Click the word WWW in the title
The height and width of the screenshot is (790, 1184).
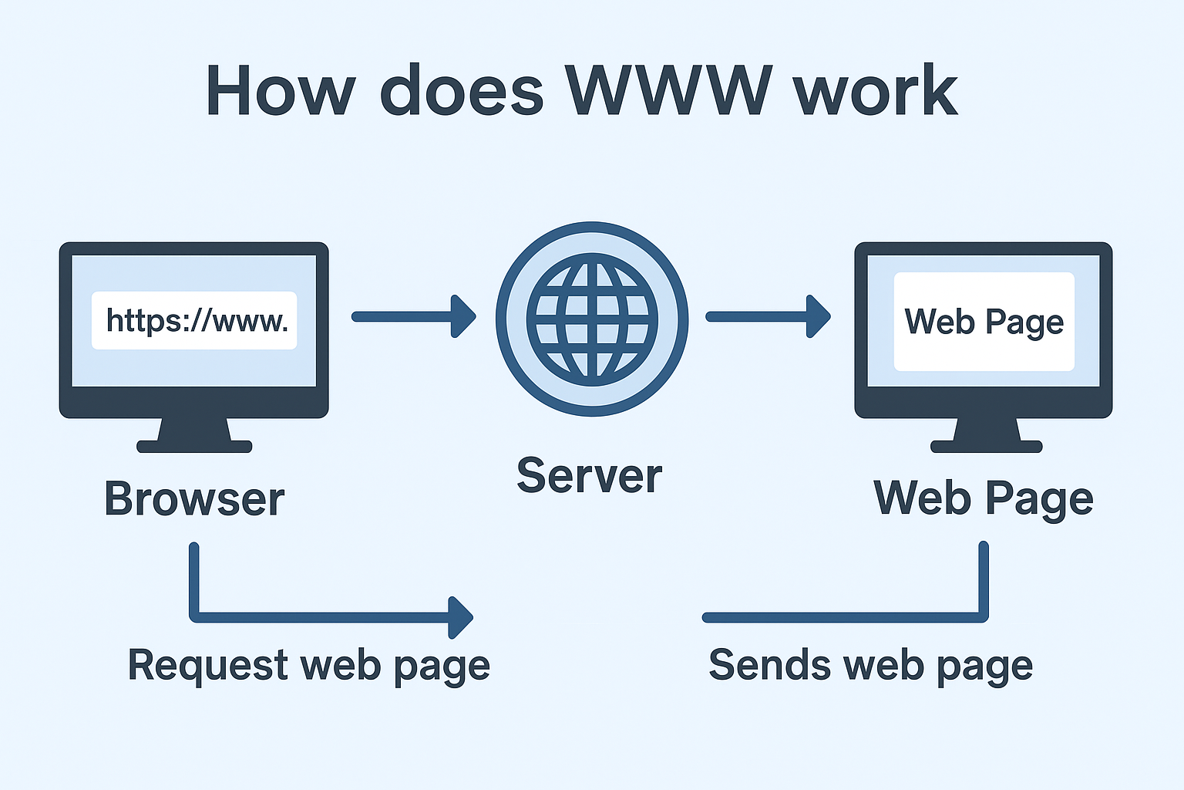point(668,91)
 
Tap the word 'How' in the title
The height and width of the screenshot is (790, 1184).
point(280,91)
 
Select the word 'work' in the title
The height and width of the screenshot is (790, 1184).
point(875,91)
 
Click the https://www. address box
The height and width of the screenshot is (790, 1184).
point(194,320)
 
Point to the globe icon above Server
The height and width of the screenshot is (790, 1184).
point(592,319)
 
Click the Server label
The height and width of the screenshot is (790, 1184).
point(589,475)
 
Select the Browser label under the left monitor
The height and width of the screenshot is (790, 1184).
point(194,499)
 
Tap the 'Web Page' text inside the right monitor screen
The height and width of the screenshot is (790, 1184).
point(984,322)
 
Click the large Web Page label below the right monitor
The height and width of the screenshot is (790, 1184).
point(983,498)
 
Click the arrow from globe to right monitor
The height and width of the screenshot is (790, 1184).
point(767,316)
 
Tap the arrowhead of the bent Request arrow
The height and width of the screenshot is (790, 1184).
point(461,617)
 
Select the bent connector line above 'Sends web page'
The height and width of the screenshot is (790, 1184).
point(848,616)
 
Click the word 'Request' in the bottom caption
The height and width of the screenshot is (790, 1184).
point(207,665)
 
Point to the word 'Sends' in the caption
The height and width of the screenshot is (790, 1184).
point(770,665)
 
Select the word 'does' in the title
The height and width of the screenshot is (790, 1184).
point(462,91)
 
